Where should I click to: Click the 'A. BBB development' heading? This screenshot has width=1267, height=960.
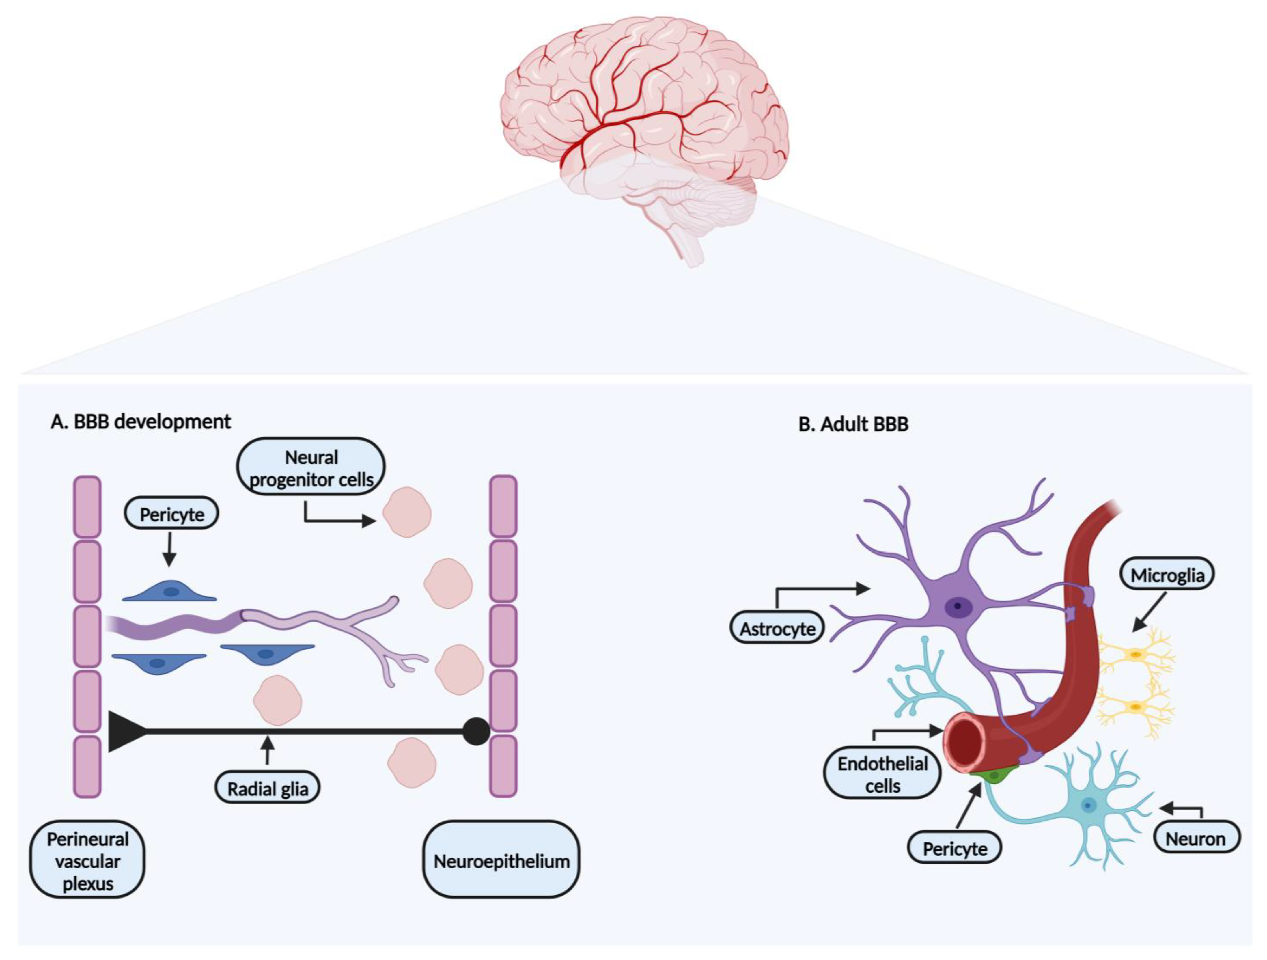click(140, 422)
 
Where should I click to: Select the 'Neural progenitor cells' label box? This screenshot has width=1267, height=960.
click(311, 468)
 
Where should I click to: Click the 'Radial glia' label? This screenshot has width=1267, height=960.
click(268, 789)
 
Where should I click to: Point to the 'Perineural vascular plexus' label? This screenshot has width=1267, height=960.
click(88, 861)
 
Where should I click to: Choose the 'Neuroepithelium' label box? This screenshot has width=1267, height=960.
click(501, 861)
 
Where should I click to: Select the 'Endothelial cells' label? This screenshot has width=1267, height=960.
click(882, 774)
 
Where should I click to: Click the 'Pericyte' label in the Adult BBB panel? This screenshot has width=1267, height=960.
click(955, 848)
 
